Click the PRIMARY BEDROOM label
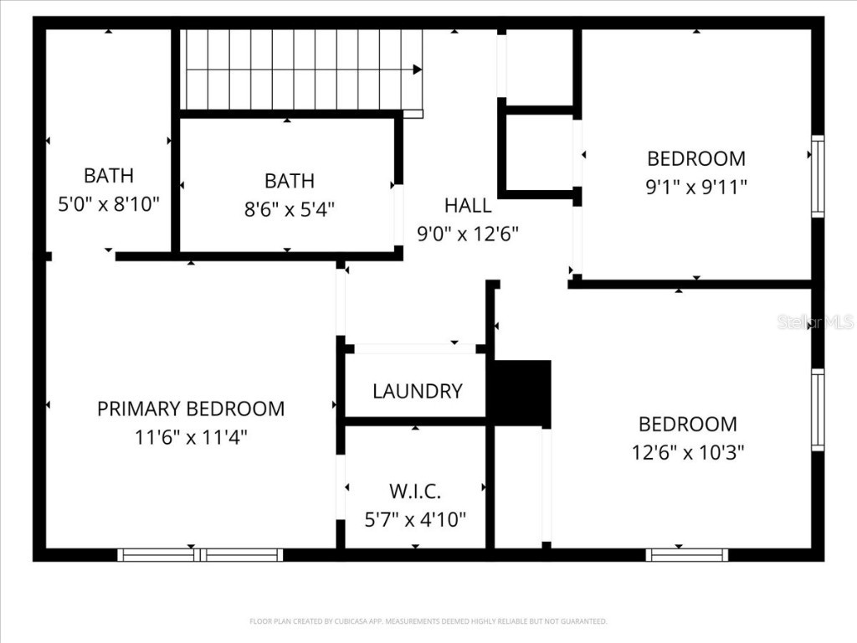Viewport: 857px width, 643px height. [x=191, y=409]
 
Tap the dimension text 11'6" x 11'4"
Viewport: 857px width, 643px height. [x=191, y=437]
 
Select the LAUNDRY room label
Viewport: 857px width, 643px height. [x=417, y=391]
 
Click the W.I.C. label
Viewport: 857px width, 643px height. [x=415, y=491]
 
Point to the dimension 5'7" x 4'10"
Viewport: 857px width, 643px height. [x=415, y=519]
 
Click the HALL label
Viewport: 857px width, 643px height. [x=468, y=205]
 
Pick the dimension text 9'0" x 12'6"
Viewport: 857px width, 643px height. [x=468, y=234]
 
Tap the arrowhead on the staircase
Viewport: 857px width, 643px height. [x=417, y=69]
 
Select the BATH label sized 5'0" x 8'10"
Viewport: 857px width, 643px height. [x=108, y=176]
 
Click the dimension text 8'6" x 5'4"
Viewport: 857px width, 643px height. [x=290, y=208]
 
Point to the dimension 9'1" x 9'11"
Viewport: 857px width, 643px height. [x=696, y=187]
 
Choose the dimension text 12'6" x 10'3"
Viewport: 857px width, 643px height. [x=688, y=452]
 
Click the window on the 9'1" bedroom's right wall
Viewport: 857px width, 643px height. [x=818, y=177]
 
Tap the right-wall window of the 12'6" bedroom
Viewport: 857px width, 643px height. [x=818, y=409]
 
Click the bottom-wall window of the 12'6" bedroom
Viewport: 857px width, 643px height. [x=687, y=554]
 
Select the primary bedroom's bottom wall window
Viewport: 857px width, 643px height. [x=200, y=554]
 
